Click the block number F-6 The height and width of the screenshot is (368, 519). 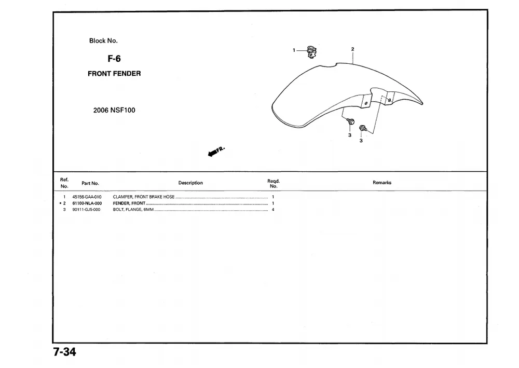[x=114, y=59]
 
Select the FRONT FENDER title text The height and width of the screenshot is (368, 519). [x=114, y=74]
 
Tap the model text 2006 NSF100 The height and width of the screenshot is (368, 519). [x=114, y=110]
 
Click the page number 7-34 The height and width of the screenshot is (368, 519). [x=64, y=352]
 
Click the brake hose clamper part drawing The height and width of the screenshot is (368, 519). [x=312, y=52]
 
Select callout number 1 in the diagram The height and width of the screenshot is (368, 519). [x=294, y=50]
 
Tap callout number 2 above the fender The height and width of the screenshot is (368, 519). [x=352, y=49]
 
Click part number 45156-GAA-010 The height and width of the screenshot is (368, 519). [x=87, y=197]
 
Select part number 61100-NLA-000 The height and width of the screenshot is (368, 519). [x=87, y=203]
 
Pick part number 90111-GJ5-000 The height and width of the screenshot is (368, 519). [x=86, y=210]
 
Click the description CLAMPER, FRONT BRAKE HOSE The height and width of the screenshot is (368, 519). [x=144, y=197]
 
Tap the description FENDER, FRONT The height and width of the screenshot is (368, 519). [x=129, y=203]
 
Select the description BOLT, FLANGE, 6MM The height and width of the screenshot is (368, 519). [x=133, y=210]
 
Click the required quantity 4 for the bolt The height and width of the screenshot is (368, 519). [x=273, y=210]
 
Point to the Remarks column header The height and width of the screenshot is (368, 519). [x=382, y=183]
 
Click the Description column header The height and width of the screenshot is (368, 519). [x=190, y=183]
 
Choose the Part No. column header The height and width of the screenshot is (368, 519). [x=90, y=183]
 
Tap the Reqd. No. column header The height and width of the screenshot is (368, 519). [x=274, y=184]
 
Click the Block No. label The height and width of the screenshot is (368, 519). [x=103, y=40]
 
